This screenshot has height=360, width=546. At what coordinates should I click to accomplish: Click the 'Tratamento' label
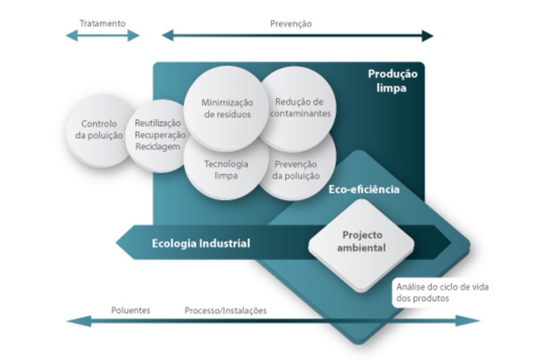(x=102, y=23)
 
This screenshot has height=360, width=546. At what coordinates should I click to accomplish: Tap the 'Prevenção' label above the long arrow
(x=291, y=24)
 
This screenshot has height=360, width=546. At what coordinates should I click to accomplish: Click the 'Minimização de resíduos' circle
(x=227, y=108)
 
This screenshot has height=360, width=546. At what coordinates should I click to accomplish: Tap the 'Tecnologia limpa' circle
(x=226, y=170)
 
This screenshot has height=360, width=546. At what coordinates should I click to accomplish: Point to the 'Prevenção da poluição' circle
(x=296, y=170)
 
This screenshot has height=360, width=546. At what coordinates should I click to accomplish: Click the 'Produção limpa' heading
(x=392, y=81)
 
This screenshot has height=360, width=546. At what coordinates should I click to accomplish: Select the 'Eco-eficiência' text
(x=364, y=190)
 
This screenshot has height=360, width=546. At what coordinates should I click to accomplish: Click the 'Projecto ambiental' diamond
(x=361, y=245)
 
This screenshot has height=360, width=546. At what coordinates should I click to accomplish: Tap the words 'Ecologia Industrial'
(x=201, y=243)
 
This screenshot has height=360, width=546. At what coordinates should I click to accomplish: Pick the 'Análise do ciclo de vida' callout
(x=441, y=292)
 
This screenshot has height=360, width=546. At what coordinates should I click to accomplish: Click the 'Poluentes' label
(x=130, y=310)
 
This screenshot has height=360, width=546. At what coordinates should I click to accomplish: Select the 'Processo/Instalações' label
(x=225, y=310)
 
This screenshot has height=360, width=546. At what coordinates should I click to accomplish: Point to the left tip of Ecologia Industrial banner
(x=116, y=243)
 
